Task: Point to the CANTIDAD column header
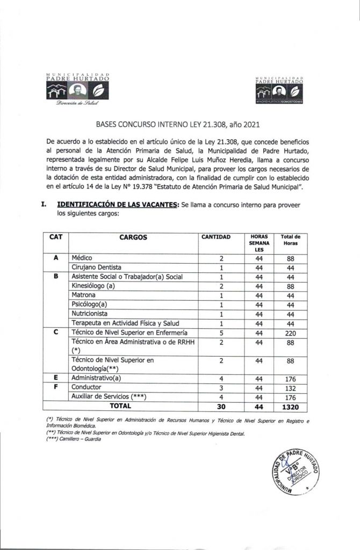(215, 236)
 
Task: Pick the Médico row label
(82, 258)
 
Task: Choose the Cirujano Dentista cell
(97, 267)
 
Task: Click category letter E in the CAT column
(56, 379)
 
